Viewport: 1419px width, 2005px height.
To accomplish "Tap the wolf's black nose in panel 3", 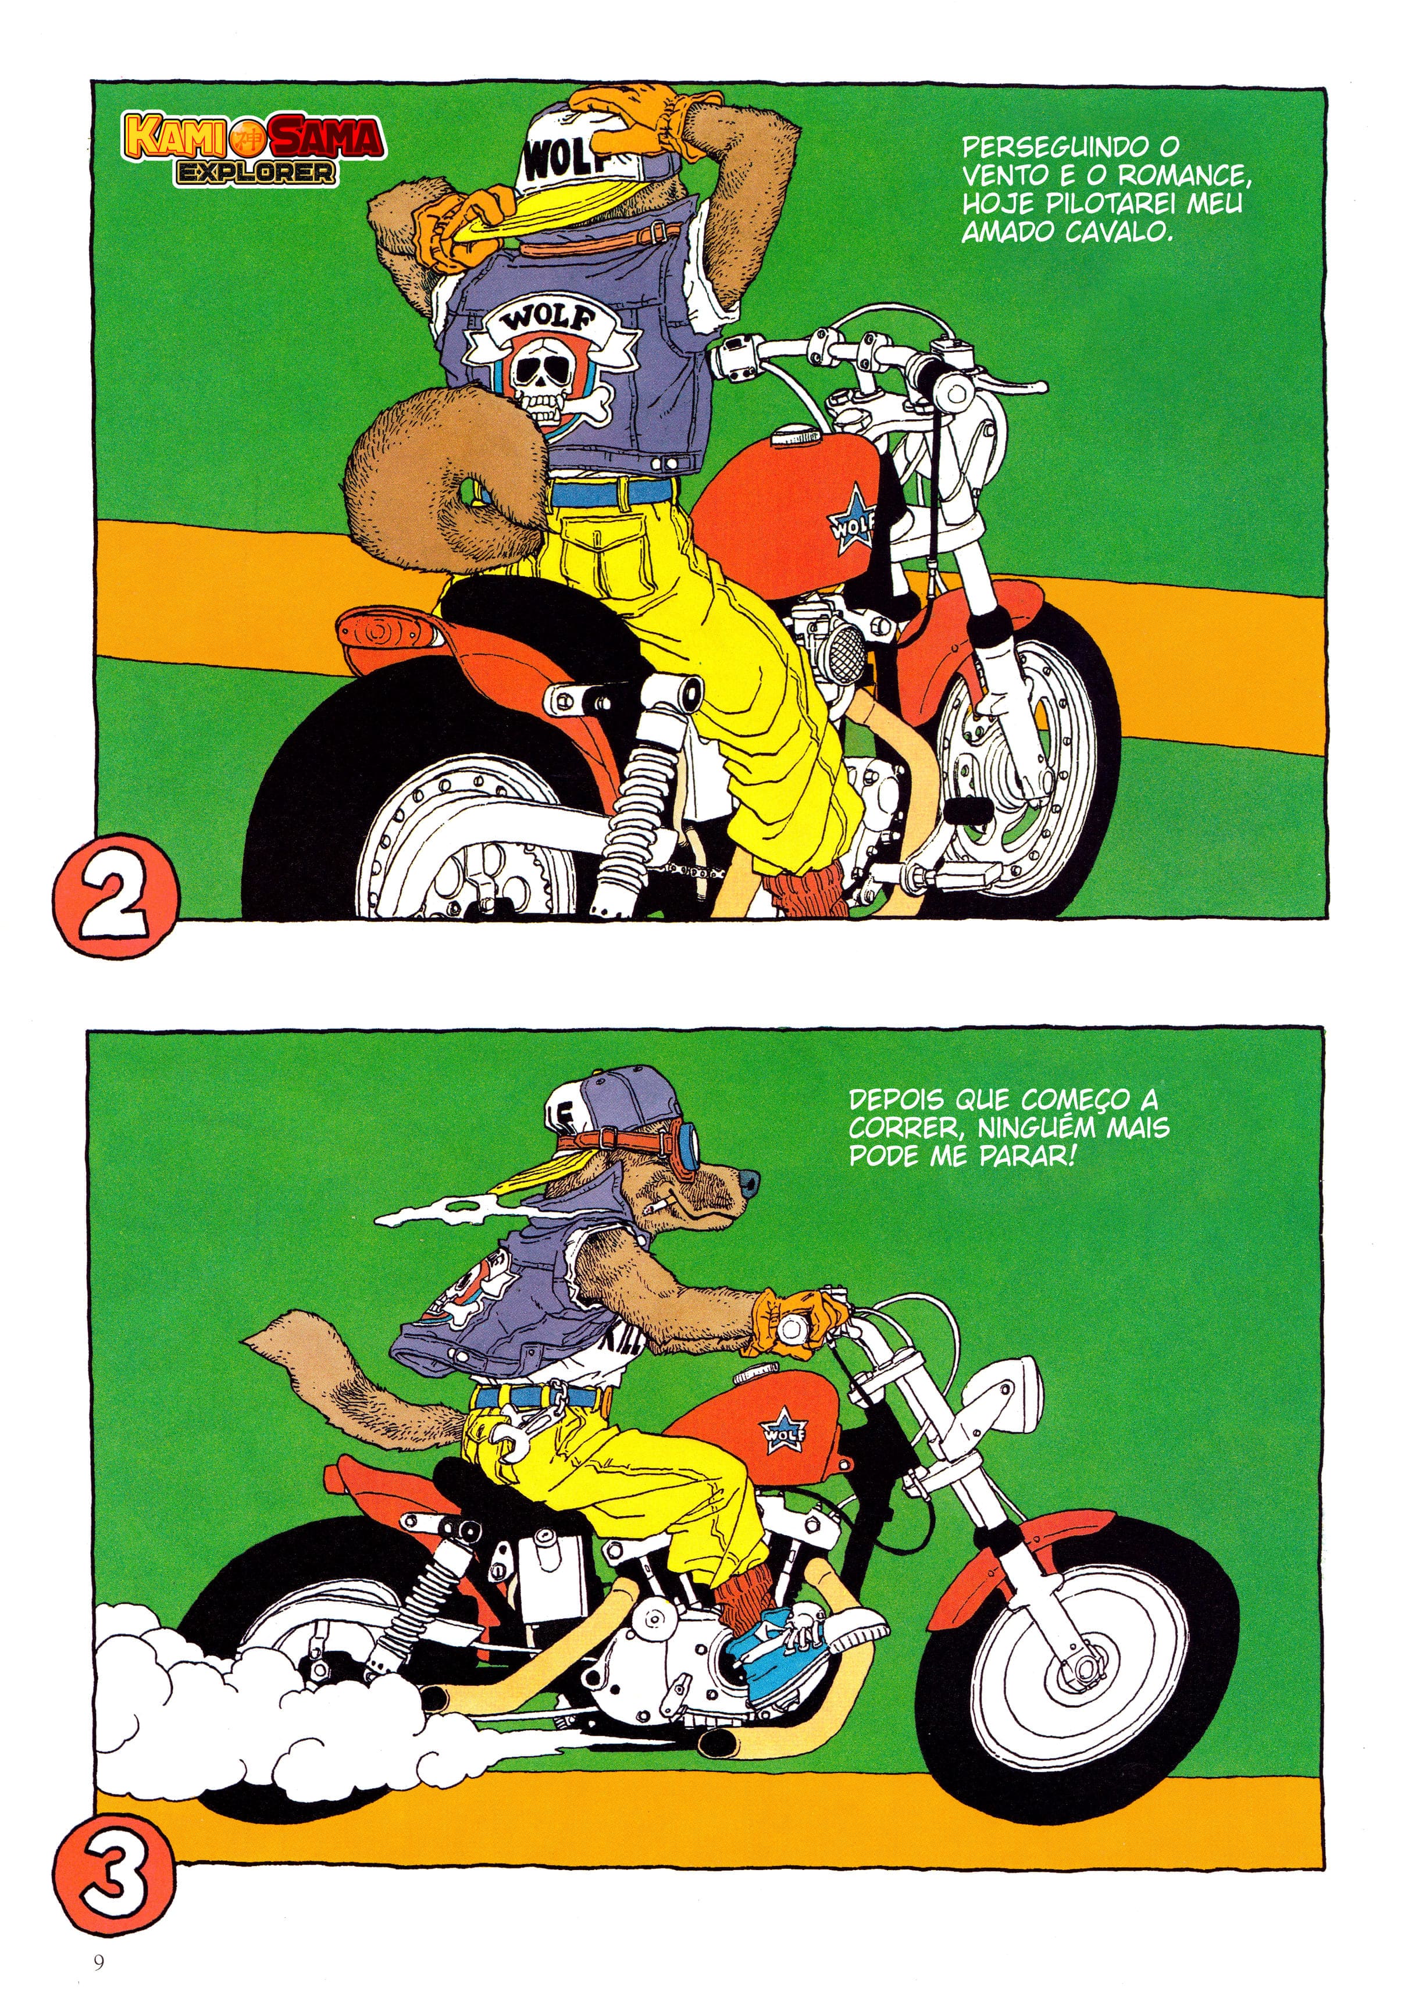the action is click(x=746, y=1183).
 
